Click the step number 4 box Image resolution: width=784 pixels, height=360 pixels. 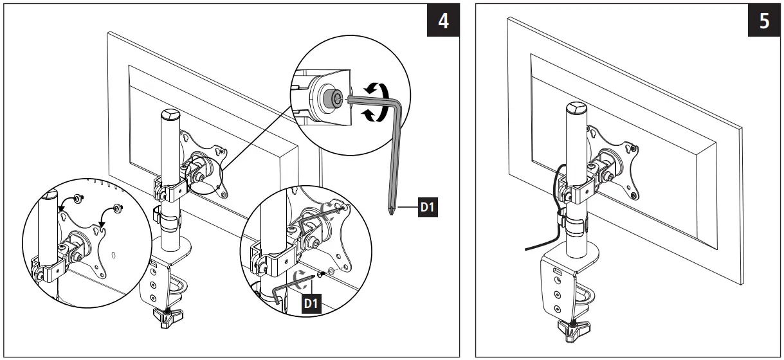[x=444, y=21]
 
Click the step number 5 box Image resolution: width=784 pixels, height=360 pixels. [x=763, y=21]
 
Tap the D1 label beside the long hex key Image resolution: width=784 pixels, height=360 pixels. [x=428, y=208]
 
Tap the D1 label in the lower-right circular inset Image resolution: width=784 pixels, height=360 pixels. [x=311, y=301]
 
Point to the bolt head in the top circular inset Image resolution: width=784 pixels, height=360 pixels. [x=334, y=98]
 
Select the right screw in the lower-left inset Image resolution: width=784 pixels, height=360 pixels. [x=118, y=208]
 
